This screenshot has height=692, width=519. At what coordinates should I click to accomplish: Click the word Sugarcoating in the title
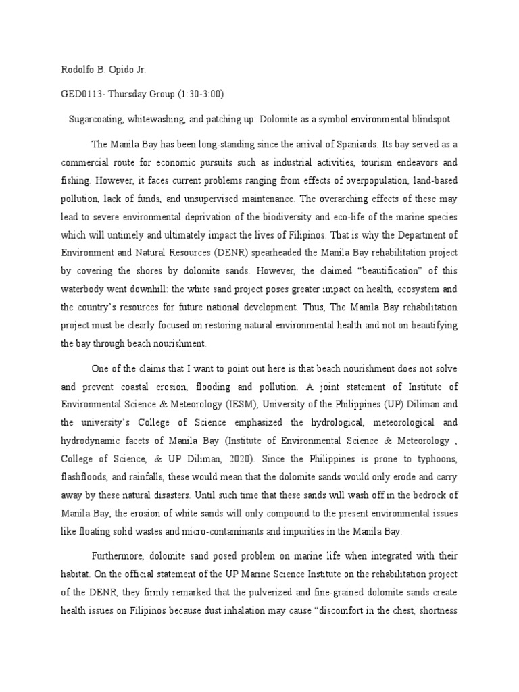[x=97, y=119]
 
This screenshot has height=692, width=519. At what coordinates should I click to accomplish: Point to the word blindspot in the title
[x=428, y=119]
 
